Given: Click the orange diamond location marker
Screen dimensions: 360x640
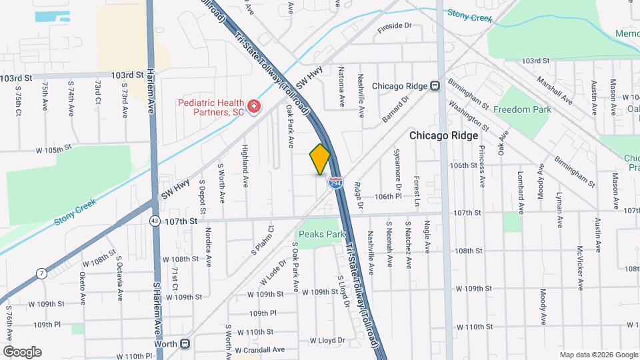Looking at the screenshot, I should pos(320,159).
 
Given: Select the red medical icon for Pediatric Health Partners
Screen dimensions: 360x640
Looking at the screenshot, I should pos(253,106).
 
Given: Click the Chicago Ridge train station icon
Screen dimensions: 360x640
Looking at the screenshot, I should pos(435,85).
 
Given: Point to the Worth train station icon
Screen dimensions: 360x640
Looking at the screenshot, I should pos(185,344).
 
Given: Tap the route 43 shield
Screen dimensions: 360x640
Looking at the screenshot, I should pos(155,220).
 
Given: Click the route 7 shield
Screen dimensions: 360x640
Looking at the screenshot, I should pos(41,273).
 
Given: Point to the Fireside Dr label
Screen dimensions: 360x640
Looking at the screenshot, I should pos(396,26).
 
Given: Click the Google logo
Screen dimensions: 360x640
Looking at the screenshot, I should pos(22,352).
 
